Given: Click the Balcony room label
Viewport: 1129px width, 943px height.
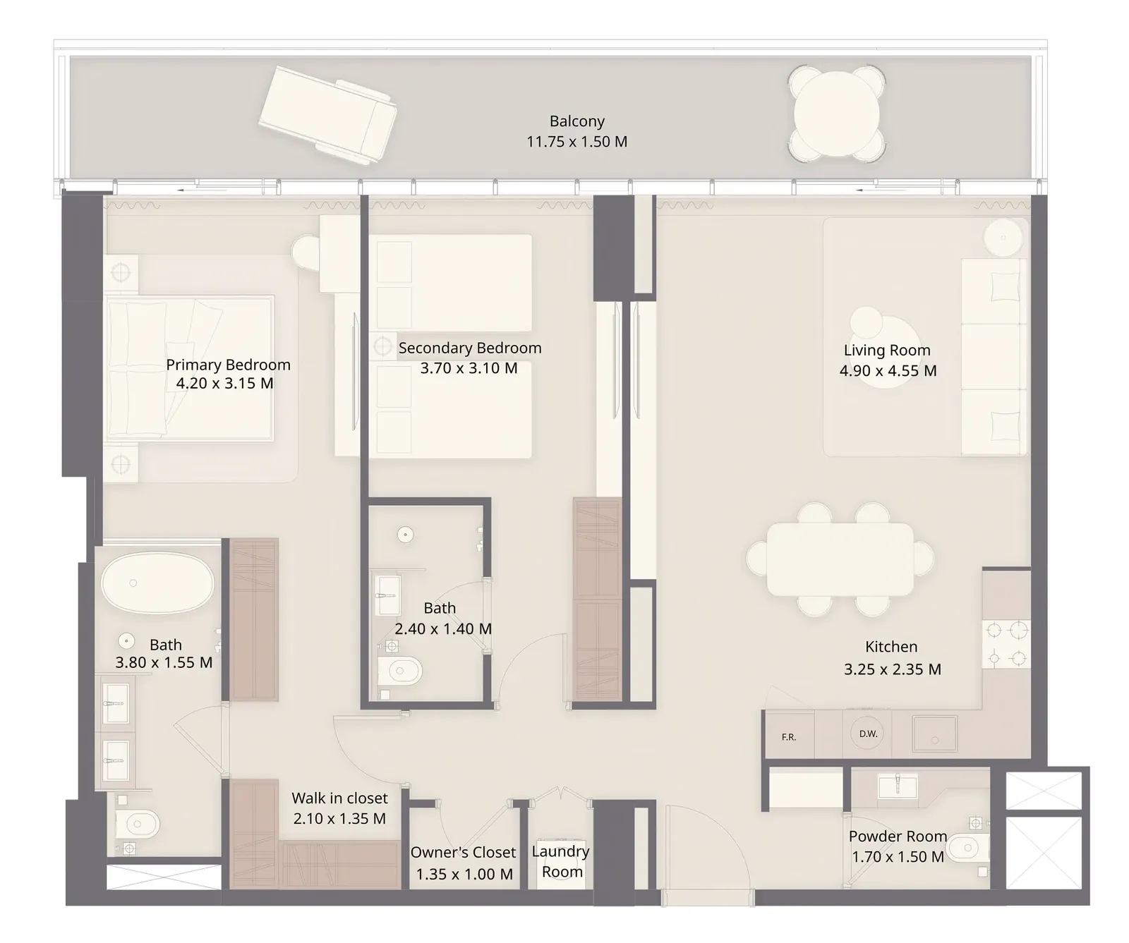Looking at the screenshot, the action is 577,121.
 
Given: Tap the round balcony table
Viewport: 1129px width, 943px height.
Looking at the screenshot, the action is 837,113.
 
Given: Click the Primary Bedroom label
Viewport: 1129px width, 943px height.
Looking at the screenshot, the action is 228,365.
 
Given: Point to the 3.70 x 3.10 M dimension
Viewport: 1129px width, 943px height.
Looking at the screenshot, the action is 469,368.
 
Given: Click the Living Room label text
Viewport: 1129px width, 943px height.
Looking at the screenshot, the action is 887,351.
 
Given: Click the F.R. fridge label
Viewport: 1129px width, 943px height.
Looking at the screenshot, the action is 789,737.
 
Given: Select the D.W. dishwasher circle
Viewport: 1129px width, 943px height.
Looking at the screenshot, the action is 868,734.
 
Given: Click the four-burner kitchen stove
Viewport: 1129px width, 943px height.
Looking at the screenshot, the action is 1006,643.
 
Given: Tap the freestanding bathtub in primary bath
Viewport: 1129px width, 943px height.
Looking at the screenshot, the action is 157,583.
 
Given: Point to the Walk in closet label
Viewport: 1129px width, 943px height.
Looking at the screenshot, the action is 339,798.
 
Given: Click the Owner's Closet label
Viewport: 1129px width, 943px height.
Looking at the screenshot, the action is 464,853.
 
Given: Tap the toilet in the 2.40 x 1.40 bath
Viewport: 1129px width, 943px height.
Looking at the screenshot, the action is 399,671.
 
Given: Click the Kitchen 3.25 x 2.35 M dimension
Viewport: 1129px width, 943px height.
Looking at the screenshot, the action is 893,669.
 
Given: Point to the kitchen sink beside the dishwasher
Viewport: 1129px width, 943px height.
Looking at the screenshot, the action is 935,734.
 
